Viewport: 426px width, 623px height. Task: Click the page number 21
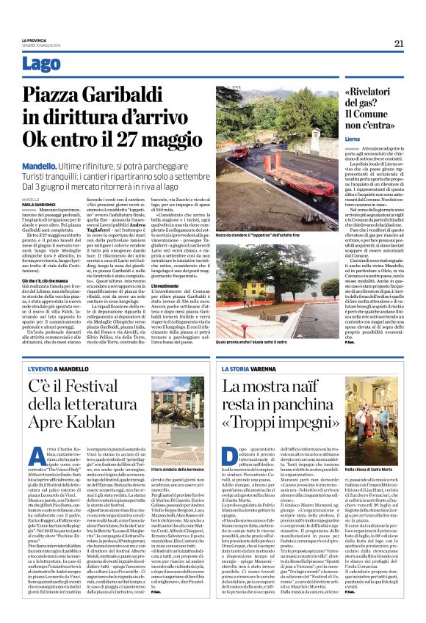coord(399,43)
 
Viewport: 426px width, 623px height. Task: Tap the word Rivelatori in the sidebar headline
coord(374,91)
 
